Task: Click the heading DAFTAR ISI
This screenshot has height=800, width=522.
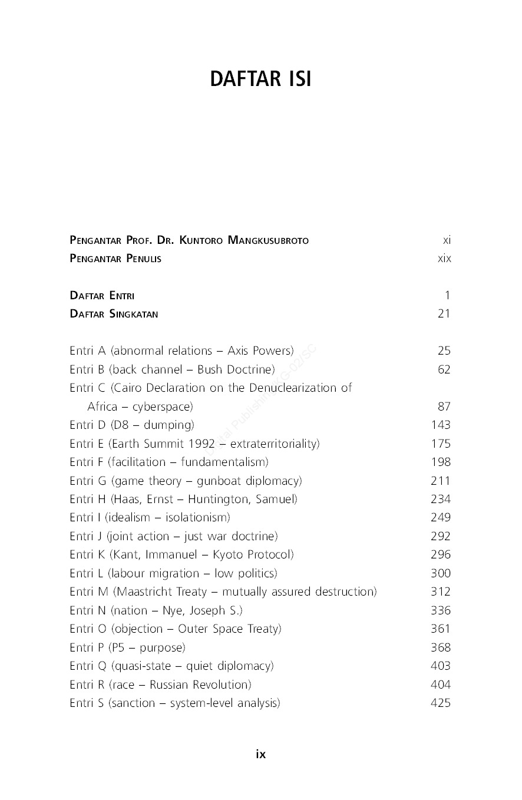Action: [260, 79]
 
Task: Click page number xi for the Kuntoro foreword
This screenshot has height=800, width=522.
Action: [447, 240]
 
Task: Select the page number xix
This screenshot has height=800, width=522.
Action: [444, 259]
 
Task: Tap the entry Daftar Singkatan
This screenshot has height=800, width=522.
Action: [114, 314]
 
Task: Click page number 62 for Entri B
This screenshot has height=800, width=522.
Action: [444, 369]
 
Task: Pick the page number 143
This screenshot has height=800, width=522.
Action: [441, 425]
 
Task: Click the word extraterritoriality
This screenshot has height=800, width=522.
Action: [274, 444]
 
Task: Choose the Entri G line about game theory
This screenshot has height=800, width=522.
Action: [186, 481]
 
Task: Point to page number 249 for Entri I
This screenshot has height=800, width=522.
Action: [441, 517]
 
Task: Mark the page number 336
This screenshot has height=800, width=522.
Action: [441, 610]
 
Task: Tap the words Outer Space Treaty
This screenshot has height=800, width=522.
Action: [229, 629]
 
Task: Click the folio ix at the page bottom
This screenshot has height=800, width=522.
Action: [260, 754]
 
